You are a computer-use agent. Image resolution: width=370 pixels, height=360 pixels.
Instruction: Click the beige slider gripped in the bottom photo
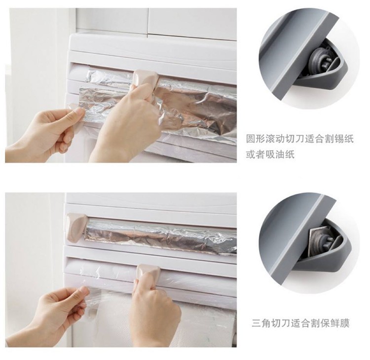(x=148, y=272)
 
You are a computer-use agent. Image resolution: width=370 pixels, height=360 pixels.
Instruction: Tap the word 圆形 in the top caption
(x=255, y=139)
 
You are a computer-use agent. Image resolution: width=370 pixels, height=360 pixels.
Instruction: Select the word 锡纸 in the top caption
(x=345, y=139)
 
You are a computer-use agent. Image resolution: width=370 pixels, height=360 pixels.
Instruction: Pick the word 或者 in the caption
(x=255, y=155)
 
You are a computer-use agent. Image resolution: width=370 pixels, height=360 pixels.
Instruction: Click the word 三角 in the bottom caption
(x=260, y=323)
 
